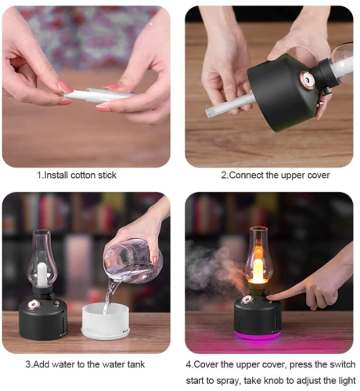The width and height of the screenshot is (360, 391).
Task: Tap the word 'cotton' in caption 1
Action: pos(83,175)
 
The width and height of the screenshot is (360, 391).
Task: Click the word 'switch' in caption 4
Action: pos(343,364)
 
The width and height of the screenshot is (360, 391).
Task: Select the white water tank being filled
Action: pos(106,321)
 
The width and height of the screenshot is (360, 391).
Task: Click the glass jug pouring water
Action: pos(133,261)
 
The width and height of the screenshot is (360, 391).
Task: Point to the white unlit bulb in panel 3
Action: pos(41,274)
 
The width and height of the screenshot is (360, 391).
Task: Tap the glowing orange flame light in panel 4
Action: pos(258,266)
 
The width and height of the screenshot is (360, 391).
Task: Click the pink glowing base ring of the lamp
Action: pos(257,335)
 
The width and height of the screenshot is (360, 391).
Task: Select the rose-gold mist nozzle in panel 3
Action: pos(34,304)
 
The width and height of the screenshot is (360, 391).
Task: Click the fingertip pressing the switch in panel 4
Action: pos(270,297)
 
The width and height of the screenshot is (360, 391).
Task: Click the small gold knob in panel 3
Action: pos(56,303)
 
